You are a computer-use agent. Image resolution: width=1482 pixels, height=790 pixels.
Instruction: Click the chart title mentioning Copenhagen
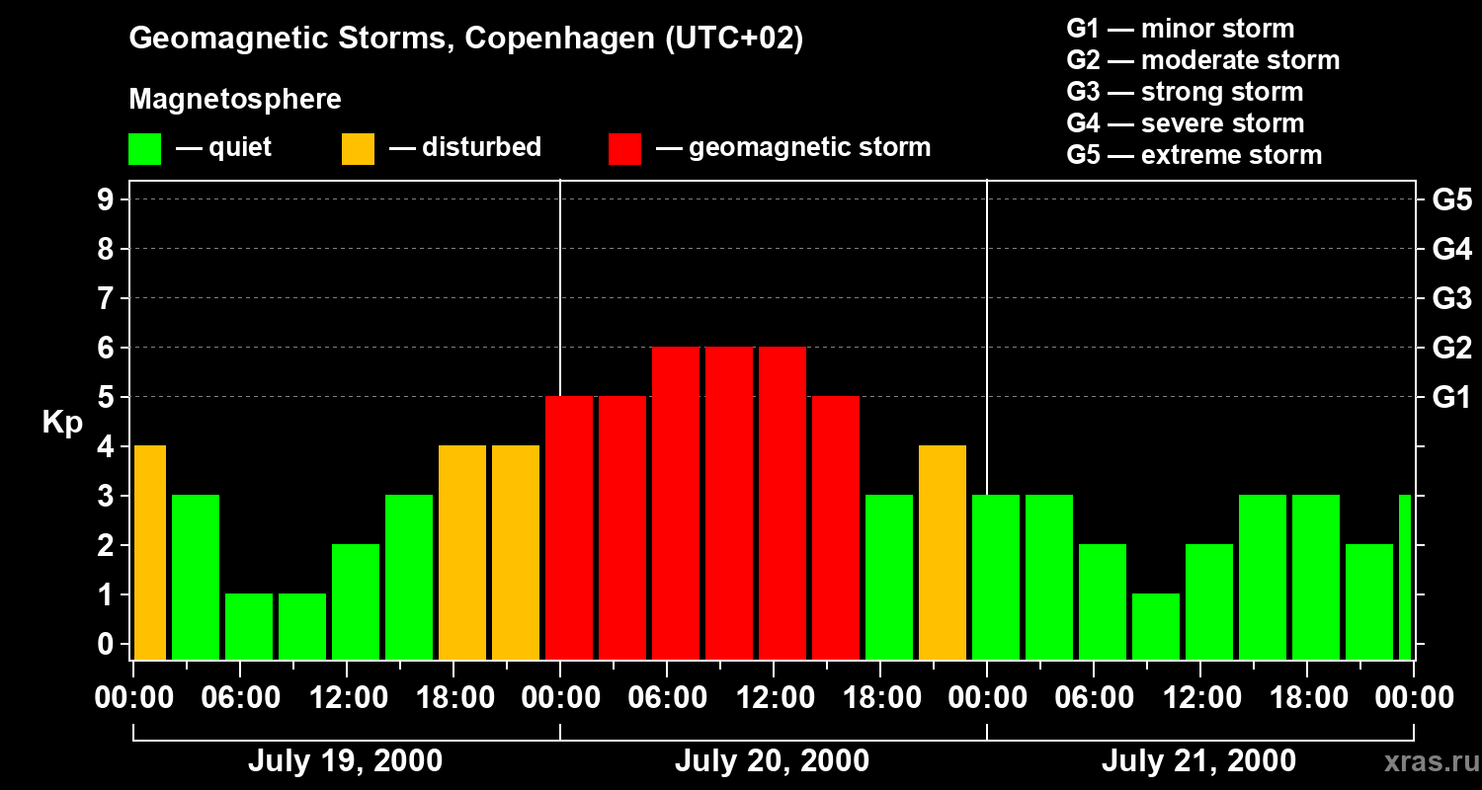click(x=466, y=39)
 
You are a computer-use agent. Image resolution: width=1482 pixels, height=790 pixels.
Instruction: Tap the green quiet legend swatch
click(x=144, y=149)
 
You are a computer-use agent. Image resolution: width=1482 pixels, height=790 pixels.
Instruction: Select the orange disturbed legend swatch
click(x=358, y=149)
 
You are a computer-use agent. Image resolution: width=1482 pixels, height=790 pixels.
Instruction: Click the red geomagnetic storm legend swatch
click(x=624, y=149)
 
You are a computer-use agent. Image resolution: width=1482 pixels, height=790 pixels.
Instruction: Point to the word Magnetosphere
click(x=235, y=100)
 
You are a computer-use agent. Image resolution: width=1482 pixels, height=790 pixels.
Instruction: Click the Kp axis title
click(x=62, y=423)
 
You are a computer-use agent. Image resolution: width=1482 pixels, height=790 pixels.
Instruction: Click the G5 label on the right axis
click(x=1451, y=199)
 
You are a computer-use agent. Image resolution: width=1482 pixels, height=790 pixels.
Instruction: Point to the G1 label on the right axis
click(x=1451, y=398)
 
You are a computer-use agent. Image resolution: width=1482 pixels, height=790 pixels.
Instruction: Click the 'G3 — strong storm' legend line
click(x=1185, y=92)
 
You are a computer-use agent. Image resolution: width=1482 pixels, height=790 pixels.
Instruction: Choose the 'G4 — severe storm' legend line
click(x=1185, y=123)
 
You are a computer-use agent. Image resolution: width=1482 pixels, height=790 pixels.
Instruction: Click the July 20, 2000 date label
click(x=772, y=761)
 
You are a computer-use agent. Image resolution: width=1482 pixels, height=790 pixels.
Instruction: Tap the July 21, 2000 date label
click(x=1198, y=761)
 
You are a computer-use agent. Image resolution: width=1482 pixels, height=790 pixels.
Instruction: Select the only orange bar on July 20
click(x=943, y=553)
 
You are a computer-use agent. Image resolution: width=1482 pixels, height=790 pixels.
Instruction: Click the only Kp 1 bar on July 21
click(x=1156, y=626)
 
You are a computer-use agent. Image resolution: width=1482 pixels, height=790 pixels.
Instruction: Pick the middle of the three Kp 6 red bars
click(x=729, y=504)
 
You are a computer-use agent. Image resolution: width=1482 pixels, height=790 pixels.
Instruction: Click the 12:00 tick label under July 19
click(x=347, y=698)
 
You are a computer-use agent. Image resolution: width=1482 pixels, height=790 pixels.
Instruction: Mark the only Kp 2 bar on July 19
click(x=356, y=601)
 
